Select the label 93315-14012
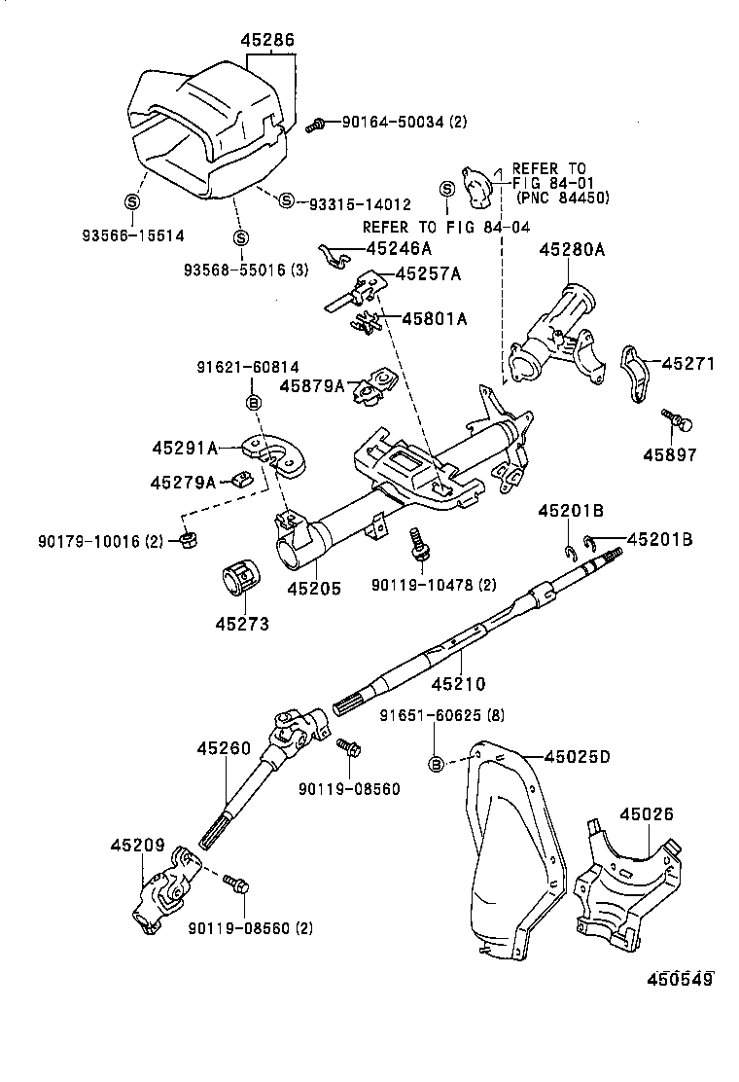point(359,204)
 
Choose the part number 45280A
point(572,250)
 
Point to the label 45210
point(457,684)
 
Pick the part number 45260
point(224,749)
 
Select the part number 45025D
point(577,756)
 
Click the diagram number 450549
point(676,979)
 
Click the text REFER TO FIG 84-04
point(446,227)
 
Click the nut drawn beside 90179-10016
point(185,539)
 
